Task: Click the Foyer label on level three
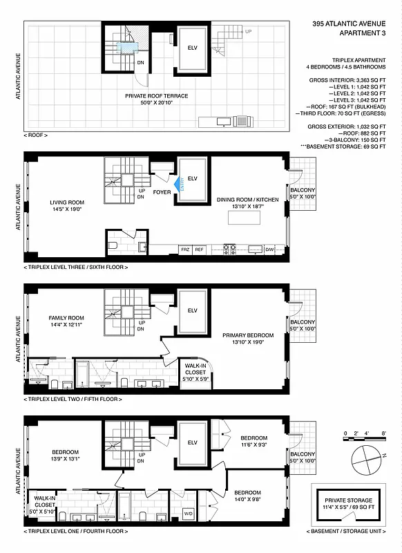pyautogui.click(x=162, y=194)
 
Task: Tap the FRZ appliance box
pyautogui.click(x=185, y=248)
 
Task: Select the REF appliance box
pyautogui.click(x=199, y=248)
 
